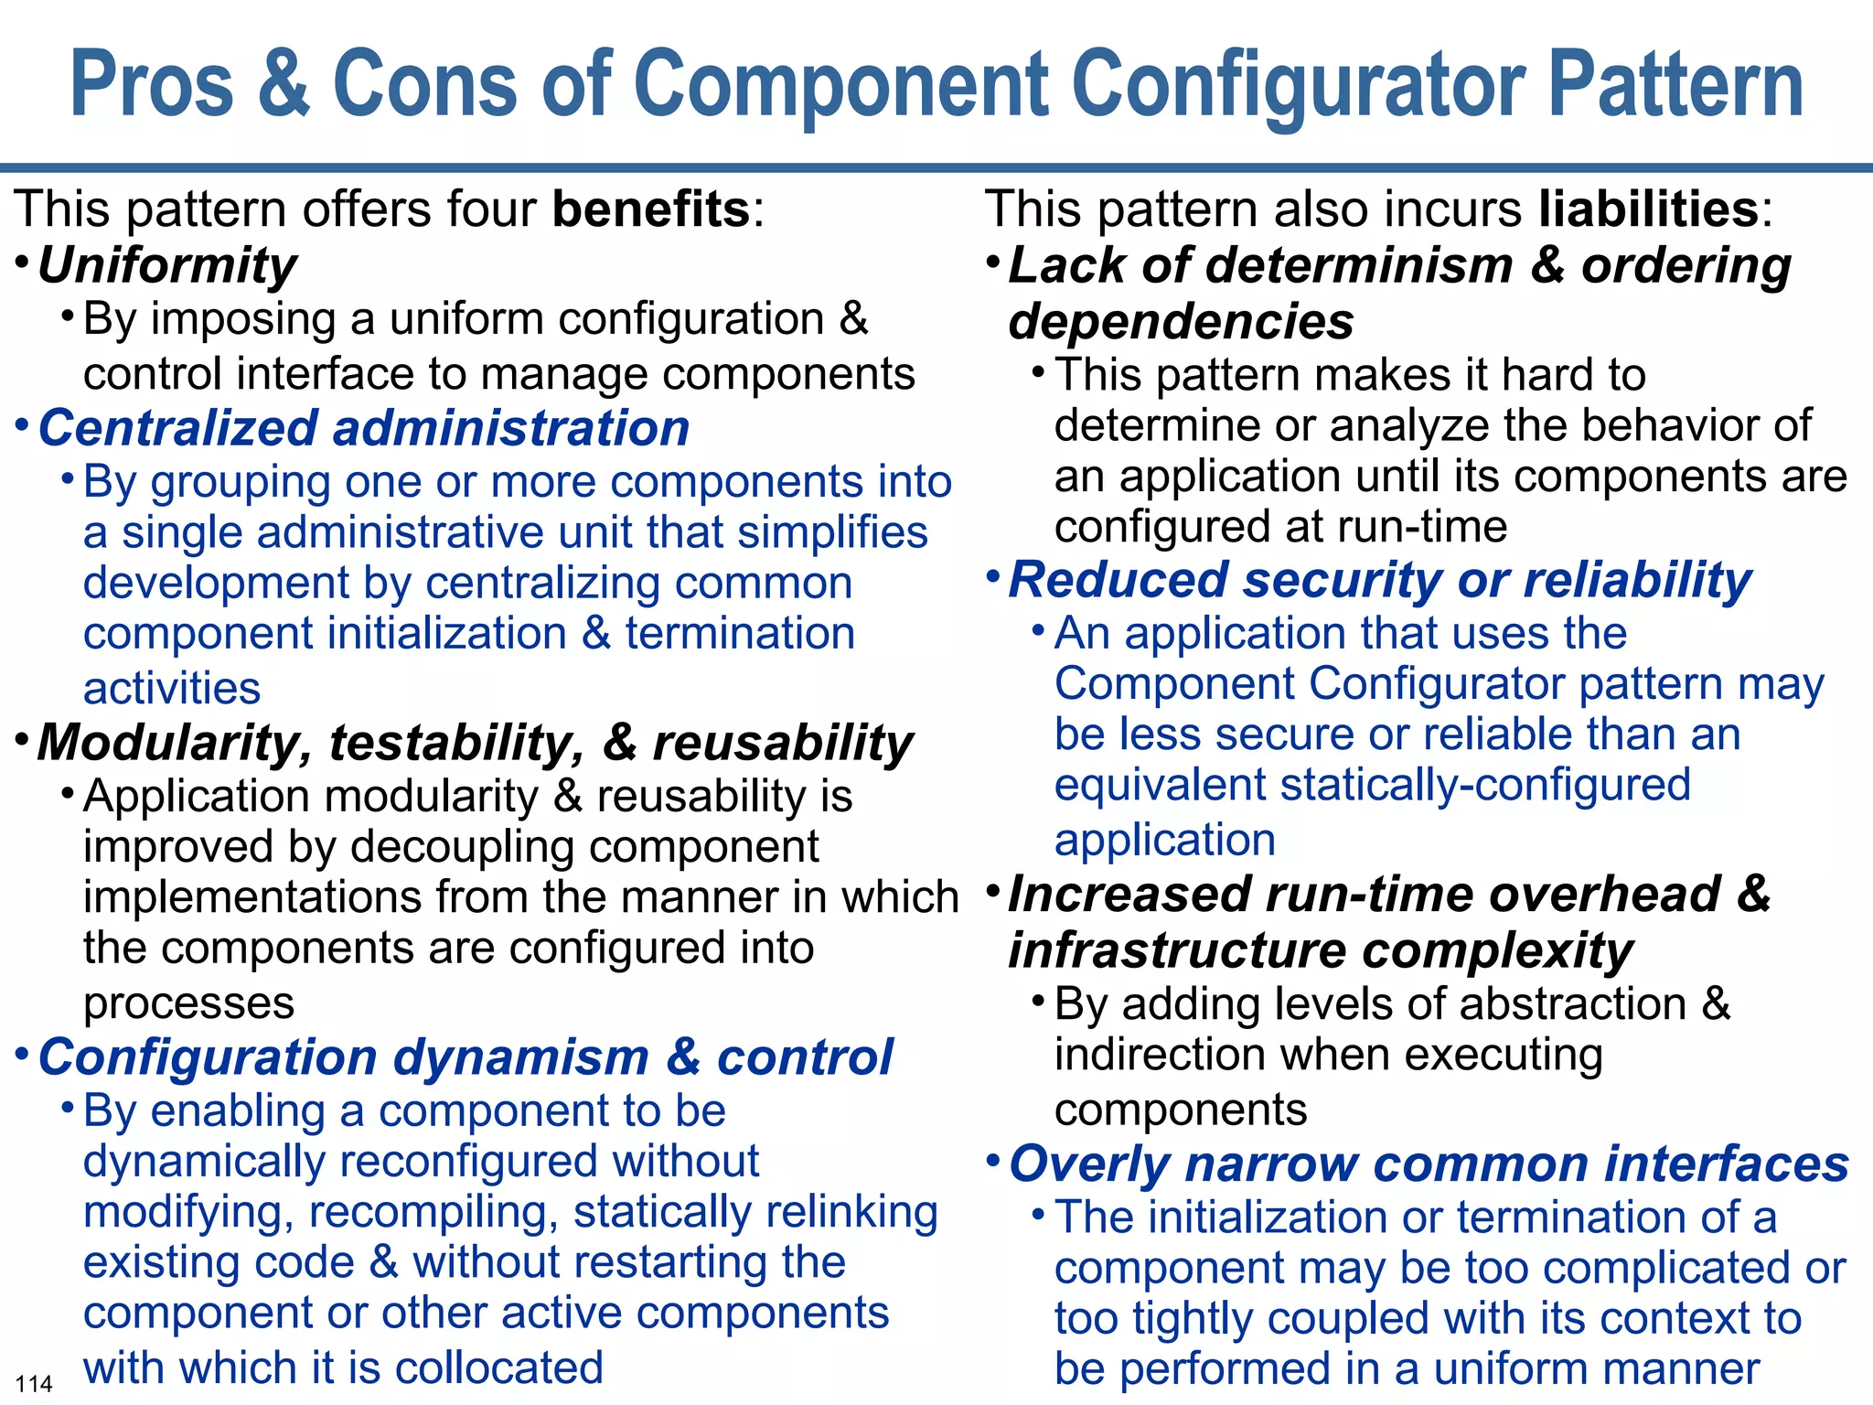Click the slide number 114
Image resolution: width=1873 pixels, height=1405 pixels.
tap(35, 1383)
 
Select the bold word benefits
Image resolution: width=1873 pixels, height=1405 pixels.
tap(651, 209)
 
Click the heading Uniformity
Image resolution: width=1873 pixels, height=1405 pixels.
tap(167, 266)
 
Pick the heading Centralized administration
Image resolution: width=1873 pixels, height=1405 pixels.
tap(364, 429)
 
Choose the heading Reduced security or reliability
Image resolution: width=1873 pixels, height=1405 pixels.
tap(1379, 581)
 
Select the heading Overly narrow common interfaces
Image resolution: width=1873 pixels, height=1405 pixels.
tap(1429, 1164)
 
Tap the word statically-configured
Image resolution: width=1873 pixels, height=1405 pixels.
tap(1485, 785)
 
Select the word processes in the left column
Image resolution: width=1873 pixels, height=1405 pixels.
tap(188, 1003)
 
